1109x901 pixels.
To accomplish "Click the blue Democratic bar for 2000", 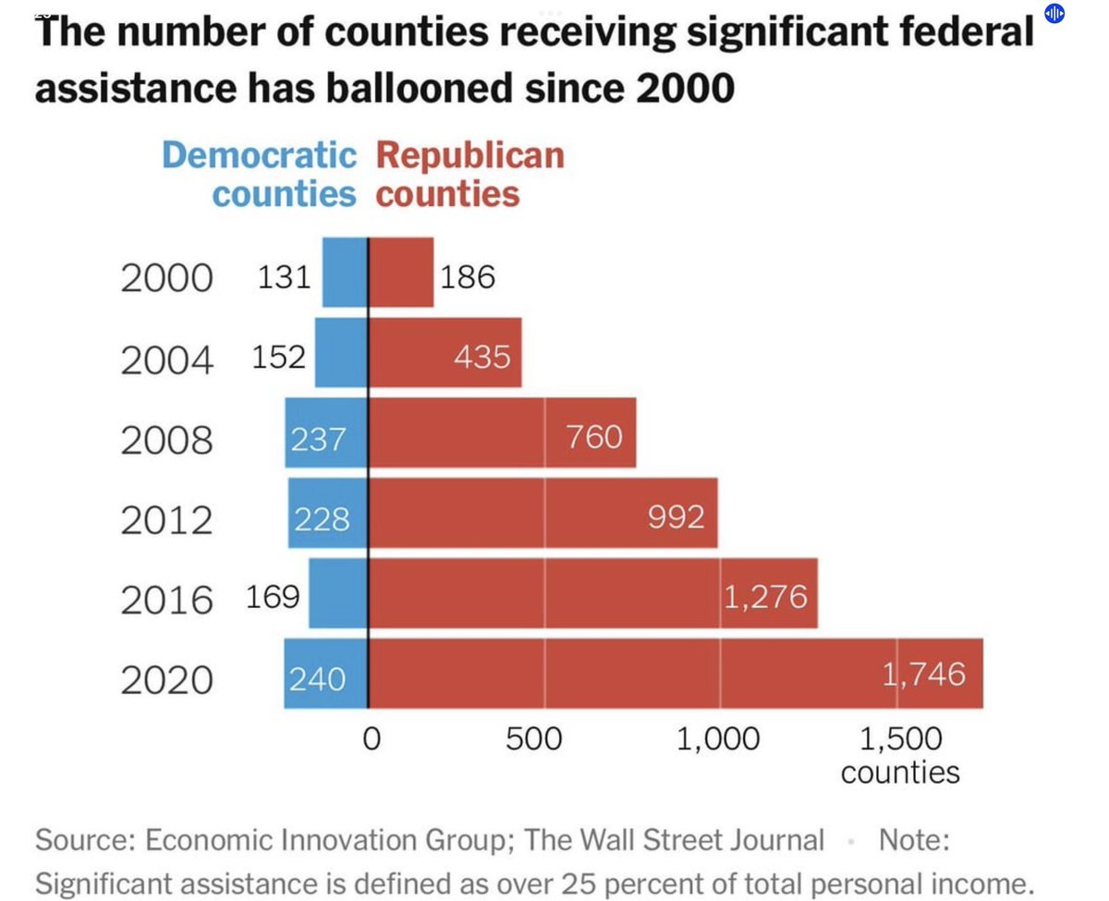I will (x=345, y=272).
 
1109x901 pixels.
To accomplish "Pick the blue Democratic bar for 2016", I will (x=338, y=593).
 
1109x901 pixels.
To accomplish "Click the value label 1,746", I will (x=924, y=674).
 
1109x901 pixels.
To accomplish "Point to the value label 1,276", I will (x=766, y=596).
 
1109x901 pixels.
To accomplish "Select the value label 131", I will (x=283, y=275).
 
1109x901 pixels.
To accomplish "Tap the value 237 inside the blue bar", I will (x=319, y=437).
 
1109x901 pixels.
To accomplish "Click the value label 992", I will (x=676, y=516).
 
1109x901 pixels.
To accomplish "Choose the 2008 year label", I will (x=166, y=440).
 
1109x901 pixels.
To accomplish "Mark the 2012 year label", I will (x=166, y=520).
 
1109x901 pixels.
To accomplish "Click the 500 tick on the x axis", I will (x=533, y=739).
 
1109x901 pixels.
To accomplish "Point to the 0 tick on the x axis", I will (x=371, y=739).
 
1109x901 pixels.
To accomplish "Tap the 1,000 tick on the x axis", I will (x=718, y=739).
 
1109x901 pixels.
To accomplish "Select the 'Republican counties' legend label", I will (x=469, y=175).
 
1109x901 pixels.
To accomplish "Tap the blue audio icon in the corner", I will (x=1054, y=13).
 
